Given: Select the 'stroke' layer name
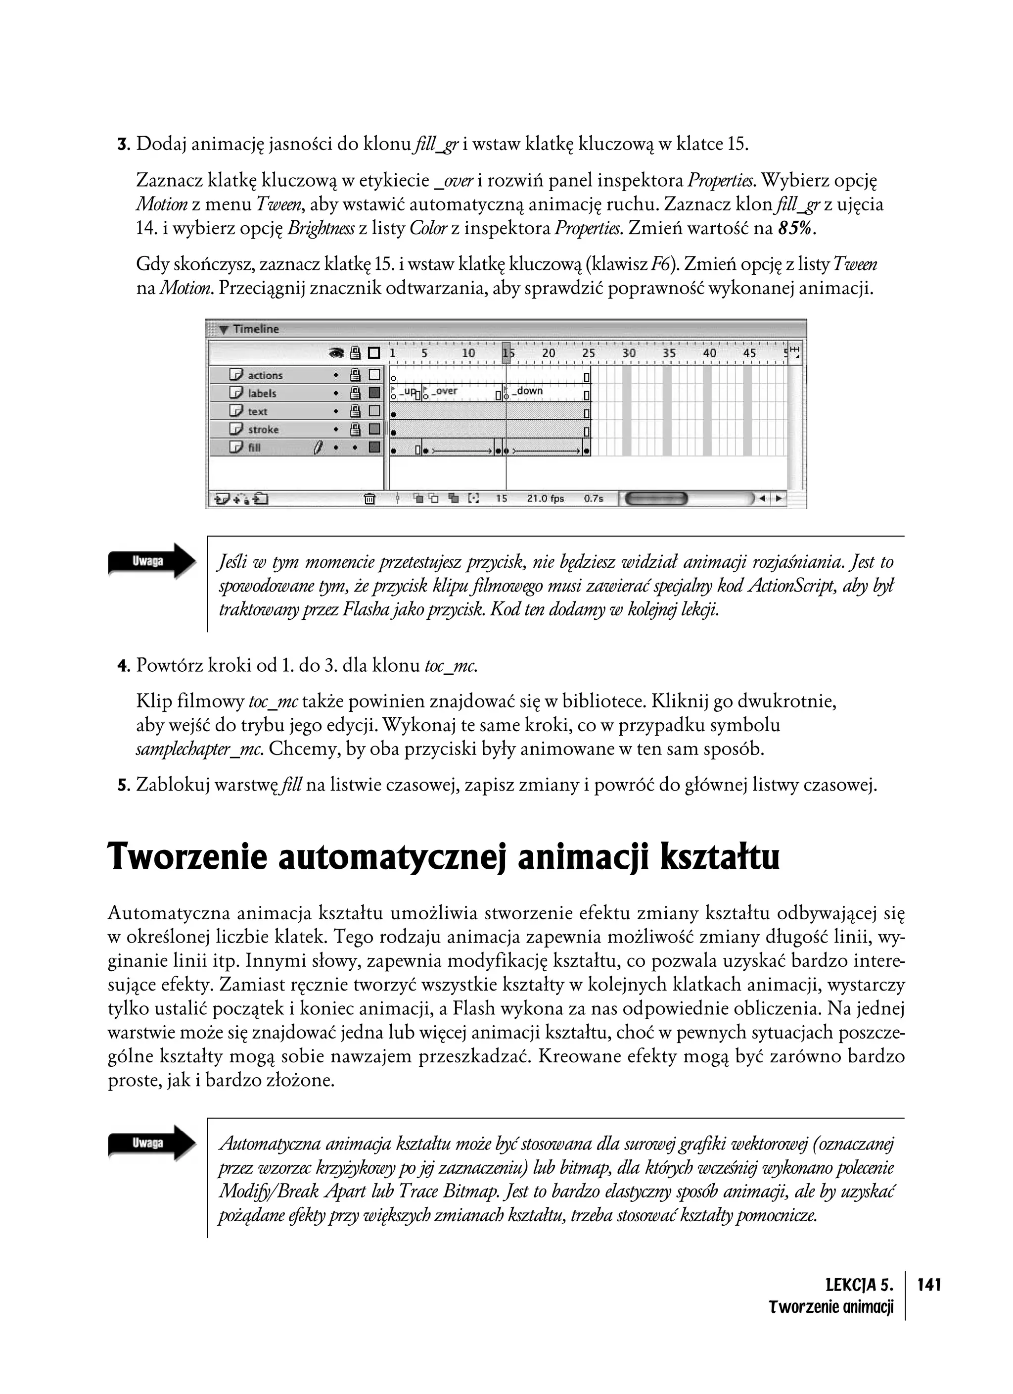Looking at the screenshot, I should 263,430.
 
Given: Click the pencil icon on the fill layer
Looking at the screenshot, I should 318,448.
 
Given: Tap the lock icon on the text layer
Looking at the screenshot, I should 355,411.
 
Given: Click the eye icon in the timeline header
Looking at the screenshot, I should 336,353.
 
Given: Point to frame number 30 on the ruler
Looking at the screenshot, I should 629,353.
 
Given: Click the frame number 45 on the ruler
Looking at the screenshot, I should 749,353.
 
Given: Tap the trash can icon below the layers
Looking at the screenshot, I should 369,499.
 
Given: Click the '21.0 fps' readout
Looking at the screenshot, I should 545,499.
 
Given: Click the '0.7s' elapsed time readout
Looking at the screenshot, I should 594,499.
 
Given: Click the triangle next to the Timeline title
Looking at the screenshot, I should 224,330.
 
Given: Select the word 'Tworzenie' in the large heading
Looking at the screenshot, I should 187,857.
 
